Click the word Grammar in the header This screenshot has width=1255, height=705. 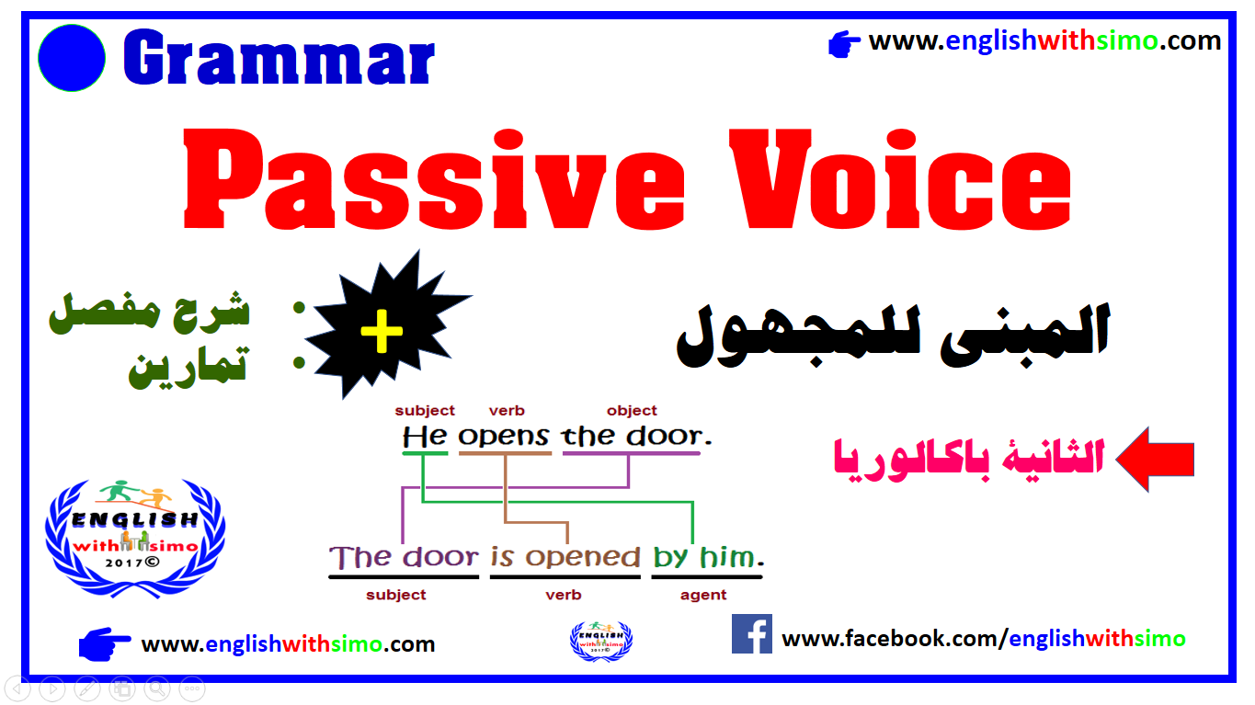tap(279, 57)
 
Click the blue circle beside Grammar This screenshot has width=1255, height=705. tap(72, 58)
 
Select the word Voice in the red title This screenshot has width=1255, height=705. tap(900, 179)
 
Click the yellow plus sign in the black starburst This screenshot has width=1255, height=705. tap(382, 331)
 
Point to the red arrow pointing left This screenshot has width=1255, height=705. tap(1156, 460)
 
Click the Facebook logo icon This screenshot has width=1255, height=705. tap(752, 633)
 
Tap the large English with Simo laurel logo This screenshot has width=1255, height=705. tap(135, 538)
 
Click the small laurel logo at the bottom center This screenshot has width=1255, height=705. tap(601, 642)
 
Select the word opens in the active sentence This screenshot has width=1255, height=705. tap(504, 437)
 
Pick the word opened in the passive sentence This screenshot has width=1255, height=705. tap(583, 558)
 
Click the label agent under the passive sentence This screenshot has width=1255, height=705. tap(703, 596)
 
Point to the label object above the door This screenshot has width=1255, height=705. tap(632, 411)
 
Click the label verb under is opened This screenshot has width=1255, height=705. tap(563, 595)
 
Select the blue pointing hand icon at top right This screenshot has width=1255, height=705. tap(844, 44)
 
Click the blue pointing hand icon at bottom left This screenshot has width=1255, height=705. tap(104, 644)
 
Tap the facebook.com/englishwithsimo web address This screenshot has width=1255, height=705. tap(983, 639)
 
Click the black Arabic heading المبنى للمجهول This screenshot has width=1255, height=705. tap(894, 335)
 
